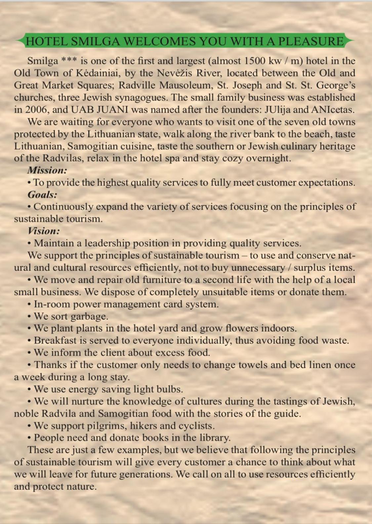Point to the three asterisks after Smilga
(69, 60)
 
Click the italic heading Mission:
(47, 170)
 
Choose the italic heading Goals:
(42, 194)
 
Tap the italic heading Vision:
(44, 231)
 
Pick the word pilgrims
(106, 426)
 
